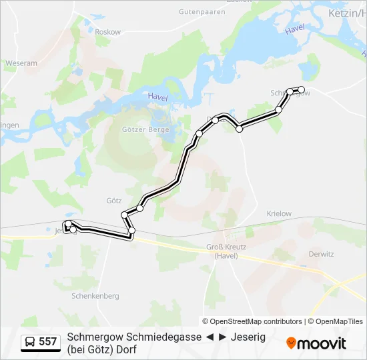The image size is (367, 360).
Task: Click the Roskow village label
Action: tap(107, 32)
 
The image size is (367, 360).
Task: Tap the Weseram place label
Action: tap(21, 63)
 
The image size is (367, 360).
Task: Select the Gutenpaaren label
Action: tap(203, 12)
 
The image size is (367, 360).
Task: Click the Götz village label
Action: tap(113, 200)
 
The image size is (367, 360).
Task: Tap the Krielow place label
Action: tap(279, 213)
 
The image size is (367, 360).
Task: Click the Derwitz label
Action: tap(322, 253)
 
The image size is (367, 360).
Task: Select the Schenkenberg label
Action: tap(95, 295)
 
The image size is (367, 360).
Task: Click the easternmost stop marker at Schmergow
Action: tap(301, 89)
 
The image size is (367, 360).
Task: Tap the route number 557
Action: tap(47, 342)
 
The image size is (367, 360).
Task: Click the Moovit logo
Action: tap(316, 343)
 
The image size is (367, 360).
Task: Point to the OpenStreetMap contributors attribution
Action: tap(252, 321)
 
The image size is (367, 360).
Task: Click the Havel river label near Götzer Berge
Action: tap(157, 97)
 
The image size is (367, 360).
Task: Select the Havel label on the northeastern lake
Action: tap(294, 30)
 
